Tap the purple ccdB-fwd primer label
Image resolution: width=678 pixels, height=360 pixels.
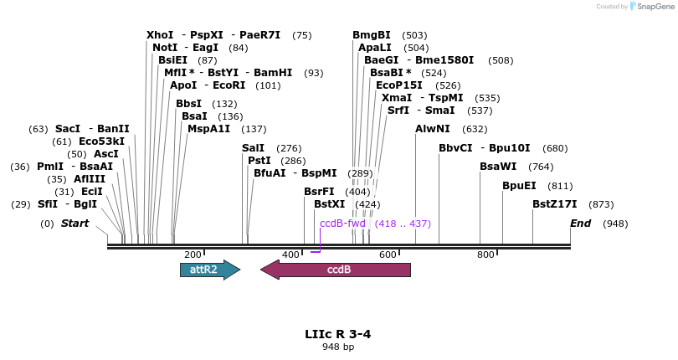coord(342,224)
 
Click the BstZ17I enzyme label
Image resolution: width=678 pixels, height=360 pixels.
coord(555,203)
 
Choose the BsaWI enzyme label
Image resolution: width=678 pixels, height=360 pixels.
coord(498,167)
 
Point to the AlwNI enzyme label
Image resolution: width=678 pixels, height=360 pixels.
coord(433,129)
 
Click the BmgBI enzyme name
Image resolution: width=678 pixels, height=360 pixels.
coord(372,35)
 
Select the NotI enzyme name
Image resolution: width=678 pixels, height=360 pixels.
coord(165,48)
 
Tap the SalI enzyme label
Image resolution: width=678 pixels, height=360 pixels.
coord(253,148)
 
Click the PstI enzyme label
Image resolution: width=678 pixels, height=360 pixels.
coord(259,161)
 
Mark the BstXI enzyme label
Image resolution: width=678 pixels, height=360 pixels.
coord(329,203)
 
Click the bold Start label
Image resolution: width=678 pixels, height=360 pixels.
coord(74,224)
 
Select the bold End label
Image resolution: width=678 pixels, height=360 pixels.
coord(580,224)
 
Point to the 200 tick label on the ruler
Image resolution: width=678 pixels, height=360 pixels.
coord(193,255)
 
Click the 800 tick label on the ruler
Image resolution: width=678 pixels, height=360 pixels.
coord(485,255)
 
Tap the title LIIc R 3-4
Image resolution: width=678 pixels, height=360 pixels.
coord(338,334)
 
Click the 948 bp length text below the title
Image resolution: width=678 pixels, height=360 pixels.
coord(338,347)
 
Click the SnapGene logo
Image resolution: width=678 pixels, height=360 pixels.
coord(651,7)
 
